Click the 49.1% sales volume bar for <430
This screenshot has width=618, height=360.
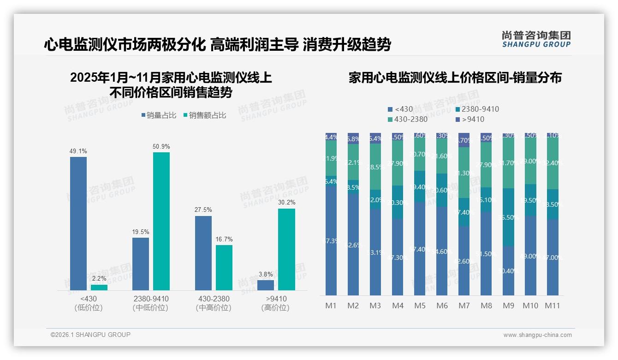coord(78,223)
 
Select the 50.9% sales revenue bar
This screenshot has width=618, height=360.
coord(161,221)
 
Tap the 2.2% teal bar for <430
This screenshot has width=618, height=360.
coord(99,288)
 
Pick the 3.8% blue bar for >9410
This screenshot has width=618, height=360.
coord(265,285)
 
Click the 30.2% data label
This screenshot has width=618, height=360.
coord(286,202)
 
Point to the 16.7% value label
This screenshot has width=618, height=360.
coord(224,239)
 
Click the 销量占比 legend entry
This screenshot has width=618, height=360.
coord(159,115)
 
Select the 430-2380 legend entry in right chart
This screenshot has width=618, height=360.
coord(408,119)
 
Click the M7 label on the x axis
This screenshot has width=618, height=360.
coord(464,306)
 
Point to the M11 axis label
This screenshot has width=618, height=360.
coord(553,306)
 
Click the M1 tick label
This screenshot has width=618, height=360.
coord(331,306)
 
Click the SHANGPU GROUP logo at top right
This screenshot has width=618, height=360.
coord(536,39)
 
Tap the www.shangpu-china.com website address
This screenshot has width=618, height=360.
coord(537,335)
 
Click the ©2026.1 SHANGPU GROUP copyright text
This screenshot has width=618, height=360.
coord(90,335)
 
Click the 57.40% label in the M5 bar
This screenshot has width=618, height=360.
coord(420,249)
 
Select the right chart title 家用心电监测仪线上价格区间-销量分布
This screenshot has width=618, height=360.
coord(455,78)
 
